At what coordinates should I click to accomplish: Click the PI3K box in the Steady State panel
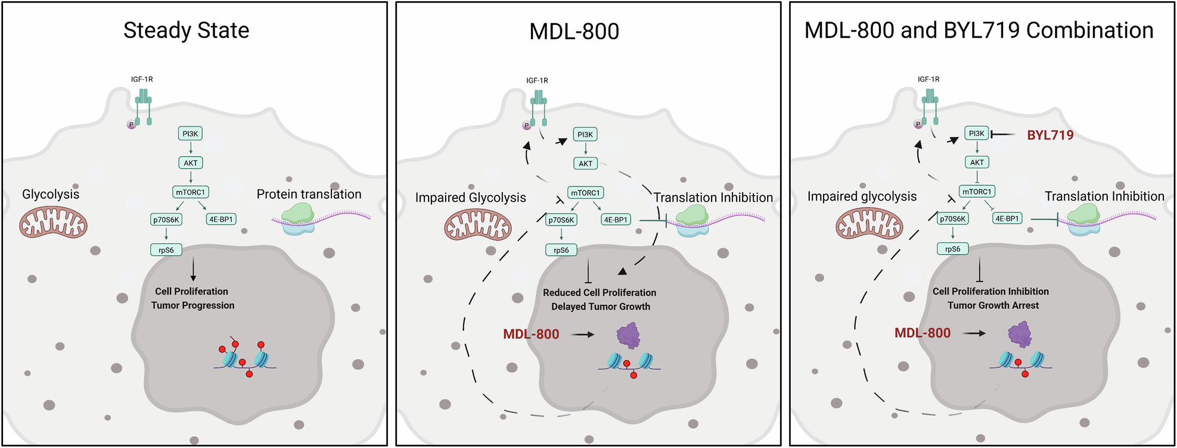[190, 134]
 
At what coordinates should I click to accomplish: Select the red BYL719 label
[1050, 135]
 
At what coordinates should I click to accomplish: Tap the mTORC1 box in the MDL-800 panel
[585, 193]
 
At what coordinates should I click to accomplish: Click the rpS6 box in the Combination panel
[952, 249]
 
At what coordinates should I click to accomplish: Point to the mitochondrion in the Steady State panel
[54, 224]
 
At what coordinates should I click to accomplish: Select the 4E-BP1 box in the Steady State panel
[221, 219]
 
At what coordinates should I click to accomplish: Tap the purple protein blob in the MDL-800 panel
[628, 336]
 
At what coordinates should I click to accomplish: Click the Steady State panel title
[186, 30]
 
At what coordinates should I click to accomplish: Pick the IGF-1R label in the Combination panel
[928, 79]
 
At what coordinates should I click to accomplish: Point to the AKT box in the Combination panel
[977, 162]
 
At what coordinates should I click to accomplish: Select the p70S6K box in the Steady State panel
[166, 220]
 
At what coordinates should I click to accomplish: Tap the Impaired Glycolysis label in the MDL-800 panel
[470, 198]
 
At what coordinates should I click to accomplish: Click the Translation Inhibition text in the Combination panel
[1104, 196]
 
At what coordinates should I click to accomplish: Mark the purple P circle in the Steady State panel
[131, 125]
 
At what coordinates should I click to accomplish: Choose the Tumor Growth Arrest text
[993, 305]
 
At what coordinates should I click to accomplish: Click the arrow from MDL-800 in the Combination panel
[974, 333]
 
